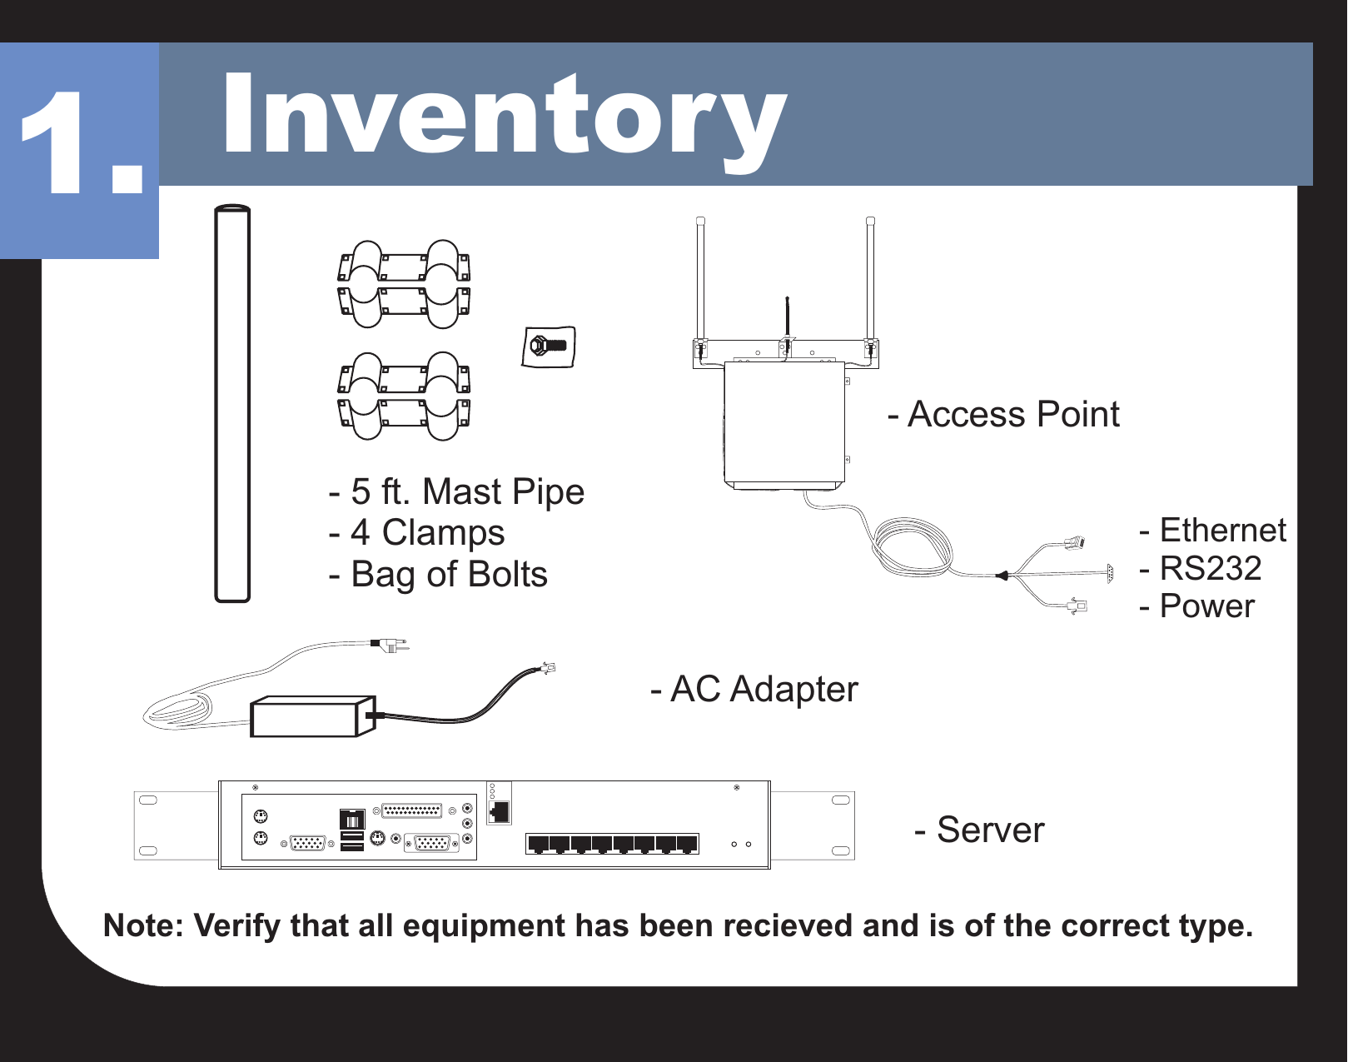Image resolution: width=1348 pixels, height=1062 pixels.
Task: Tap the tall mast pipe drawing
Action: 232,404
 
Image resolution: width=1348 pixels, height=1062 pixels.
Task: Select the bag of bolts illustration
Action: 549,347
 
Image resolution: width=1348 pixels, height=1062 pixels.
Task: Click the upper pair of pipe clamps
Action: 404,284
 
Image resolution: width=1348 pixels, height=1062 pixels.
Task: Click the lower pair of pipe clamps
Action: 404,396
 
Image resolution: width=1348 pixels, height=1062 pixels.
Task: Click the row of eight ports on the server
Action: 612,844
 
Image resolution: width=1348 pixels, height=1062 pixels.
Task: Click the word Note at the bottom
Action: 142,926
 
